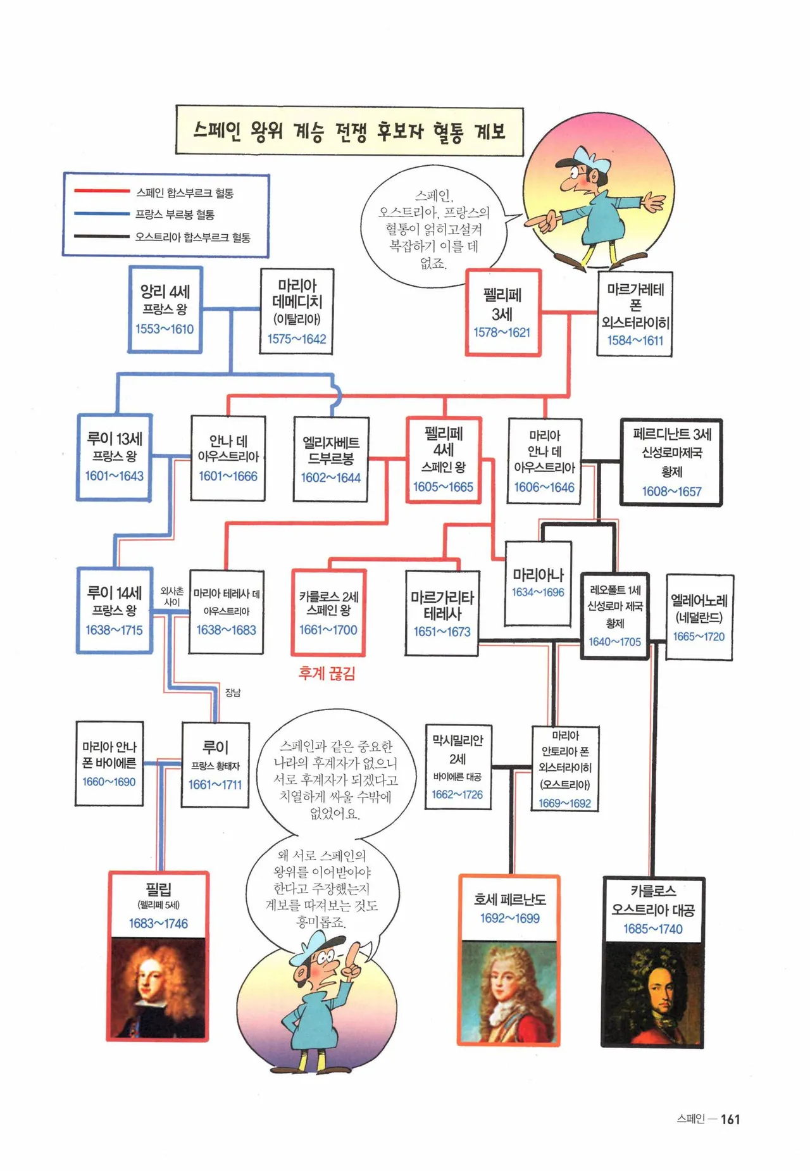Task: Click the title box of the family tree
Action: (349, 131)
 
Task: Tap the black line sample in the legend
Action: (101, 237)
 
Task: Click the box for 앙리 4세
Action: (165, 310)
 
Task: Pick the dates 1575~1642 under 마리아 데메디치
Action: (297, 339)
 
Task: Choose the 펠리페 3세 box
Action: (503, 313)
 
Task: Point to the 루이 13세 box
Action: (114, 458)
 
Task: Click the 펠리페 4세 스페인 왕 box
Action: (444, 460)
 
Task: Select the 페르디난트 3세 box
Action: (671, 462)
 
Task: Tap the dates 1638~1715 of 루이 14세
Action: (114, 630)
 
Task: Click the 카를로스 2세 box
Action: (328, 613)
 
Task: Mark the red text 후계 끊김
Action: (327, 673)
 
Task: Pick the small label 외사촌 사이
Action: (171, 596)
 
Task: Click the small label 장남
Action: (233, 692)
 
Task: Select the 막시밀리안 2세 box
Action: (458, 767)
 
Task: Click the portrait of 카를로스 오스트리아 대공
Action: (652, 993)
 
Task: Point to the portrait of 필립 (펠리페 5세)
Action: (158, 987)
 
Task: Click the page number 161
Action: (730, 1119)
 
